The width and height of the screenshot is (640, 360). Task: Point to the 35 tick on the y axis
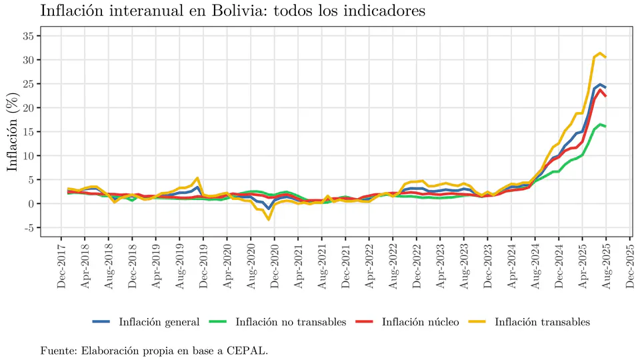pos(27,36)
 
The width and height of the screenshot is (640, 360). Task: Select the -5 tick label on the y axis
pos(27,228)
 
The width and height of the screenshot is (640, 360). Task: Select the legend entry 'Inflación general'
pos(159,322)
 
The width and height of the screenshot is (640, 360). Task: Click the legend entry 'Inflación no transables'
pos(291,322)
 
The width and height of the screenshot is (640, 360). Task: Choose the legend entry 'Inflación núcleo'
pos(420,322)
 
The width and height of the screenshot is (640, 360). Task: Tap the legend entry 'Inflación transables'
pos(542,322)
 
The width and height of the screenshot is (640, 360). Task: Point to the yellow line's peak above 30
pos(601,53)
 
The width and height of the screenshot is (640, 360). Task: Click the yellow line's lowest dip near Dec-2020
pos(269,219)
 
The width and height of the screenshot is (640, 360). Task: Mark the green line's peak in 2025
pos(601,124)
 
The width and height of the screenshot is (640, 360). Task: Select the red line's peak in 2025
pos(601,90)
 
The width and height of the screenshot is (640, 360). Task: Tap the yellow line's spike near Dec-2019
pos(197,178)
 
